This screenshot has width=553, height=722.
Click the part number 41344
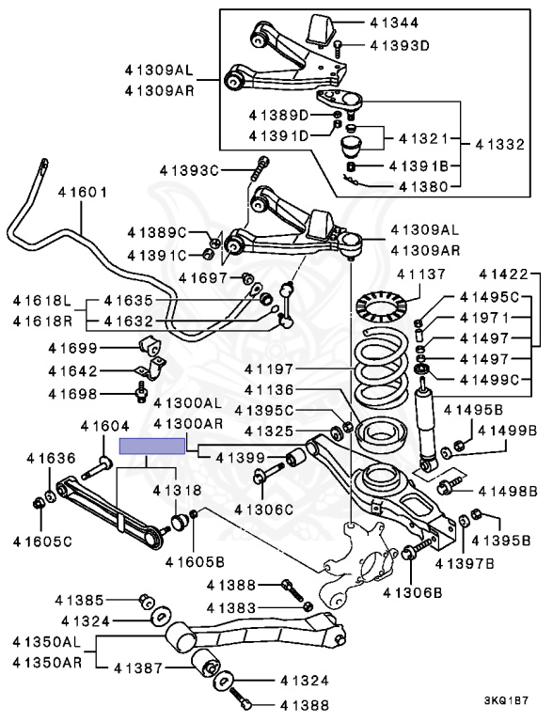point(394,23)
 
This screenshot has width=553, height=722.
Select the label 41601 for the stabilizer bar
point(83,192)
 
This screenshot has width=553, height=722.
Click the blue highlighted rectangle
point(152,447)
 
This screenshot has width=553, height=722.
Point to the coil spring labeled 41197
point(383,366)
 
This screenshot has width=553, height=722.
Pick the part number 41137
point(421,275)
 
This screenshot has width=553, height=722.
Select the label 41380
point(423,186)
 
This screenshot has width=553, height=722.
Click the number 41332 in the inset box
point(500,145)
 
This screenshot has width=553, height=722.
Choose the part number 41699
point(72,348)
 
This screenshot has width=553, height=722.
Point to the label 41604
point(105,427)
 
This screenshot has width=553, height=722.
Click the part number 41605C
point(42,541)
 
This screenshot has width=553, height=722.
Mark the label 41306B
point(413,593)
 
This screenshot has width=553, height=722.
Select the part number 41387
point(138,667)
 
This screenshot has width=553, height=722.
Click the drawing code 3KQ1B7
point(506,701)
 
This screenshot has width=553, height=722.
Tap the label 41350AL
point(46,641)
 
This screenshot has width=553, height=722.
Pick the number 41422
point(503,275)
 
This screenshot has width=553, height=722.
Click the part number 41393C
point(189,170)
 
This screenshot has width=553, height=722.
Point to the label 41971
point(484,318)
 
